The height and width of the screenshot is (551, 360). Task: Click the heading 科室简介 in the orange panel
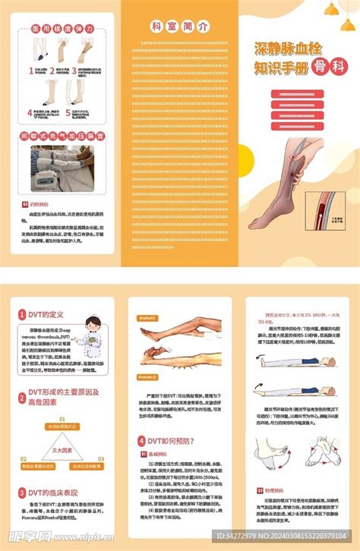(179, 25)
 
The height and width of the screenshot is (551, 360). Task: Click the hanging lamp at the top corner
(332, 8)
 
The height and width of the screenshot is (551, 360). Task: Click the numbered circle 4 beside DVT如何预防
(141, 439)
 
